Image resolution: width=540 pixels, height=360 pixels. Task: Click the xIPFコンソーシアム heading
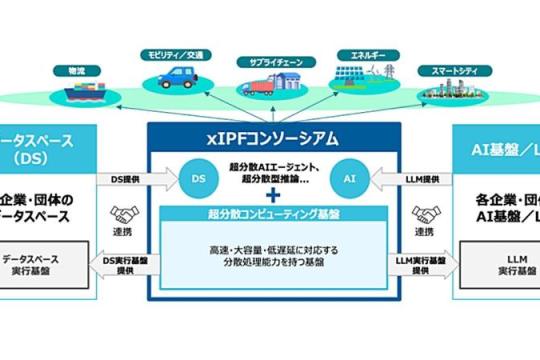pos(270,136)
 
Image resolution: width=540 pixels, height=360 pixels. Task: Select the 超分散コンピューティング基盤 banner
pos(270,212)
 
